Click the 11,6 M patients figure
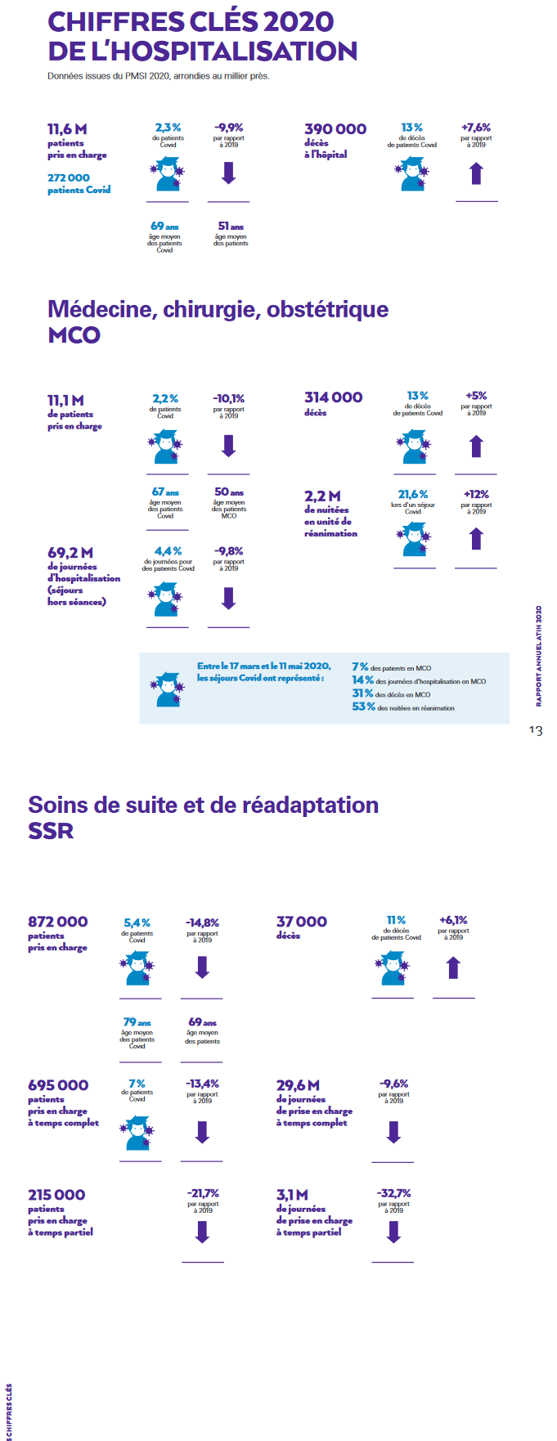click(x=67, y=129)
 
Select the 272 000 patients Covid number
click(x=69, y=177)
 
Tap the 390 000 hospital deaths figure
click(x=335, y=129)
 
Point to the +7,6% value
click(x=476, y=128)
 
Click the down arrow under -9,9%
click(x=229, y=173)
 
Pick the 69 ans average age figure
click(x=164, y=227)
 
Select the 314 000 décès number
click(x=333, y=397)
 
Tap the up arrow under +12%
click(x=476, y=539)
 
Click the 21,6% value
click(x=413, y=495)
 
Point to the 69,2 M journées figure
click(x=70, y=553)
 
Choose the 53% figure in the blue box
click(x=363, y=707)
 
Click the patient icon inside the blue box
click(x=168, y=689)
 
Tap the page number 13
click(x=535, y=730)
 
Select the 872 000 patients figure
click(x=57, y=922)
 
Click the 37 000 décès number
click(x=301, y=922)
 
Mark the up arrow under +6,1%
click(x=453, y=968)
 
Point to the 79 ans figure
click(x=137, y=1022)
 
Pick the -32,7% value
click(x=393, y=1193)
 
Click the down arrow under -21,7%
click(x=203, y=1232)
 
